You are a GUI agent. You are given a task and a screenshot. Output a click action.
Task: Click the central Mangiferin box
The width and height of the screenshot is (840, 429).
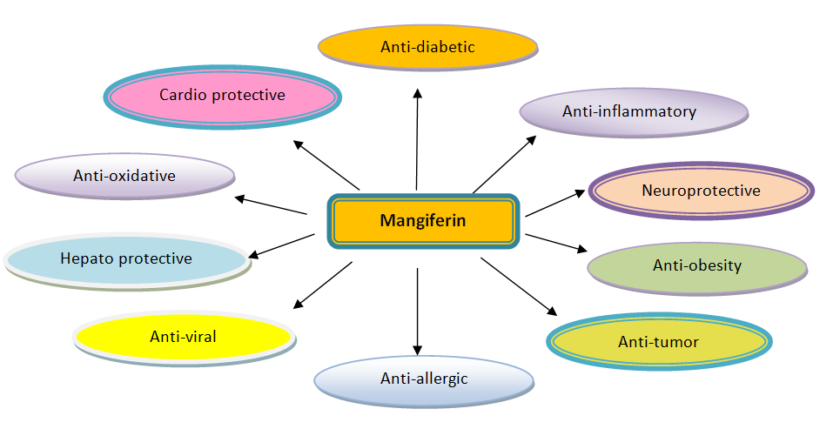[x=423, y=221]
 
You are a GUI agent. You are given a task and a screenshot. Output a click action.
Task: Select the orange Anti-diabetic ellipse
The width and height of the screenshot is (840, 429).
[x=427, y=47]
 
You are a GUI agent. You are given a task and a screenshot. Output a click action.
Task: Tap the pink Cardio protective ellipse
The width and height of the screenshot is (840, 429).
[x=222, y=95]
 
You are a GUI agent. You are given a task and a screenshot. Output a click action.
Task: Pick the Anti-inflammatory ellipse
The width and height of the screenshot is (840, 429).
[x=633, y=112]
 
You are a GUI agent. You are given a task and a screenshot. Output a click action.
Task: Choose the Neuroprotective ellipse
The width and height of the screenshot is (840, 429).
[x=701, y=191]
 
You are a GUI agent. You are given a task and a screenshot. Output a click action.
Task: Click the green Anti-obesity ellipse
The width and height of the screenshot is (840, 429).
[x=697, y=266]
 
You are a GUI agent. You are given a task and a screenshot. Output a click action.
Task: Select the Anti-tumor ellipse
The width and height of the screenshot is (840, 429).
[x=658, y=342]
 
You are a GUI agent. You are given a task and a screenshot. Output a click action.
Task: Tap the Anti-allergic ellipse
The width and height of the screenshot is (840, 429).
[x=424, y=379]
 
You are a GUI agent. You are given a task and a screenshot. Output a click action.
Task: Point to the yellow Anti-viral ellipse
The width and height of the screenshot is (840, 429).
[x=183, y=337]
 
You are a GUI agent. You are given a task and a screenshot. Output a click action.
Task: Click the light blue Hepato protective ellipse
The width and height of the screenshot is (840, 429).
[x=126, y=258]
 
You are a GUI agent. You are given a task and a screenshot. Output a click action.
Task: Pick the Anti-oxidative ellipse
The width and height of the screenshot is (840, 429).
[x=124, y=176]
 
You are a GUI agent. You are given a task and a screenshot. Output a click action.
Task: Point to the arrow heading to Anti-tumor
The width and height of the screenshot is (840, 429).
[x=518, y=285]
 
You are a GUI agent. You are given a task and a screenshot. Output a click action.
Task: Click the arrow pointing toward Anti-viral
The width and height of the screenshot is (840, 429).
[x=323, y=285]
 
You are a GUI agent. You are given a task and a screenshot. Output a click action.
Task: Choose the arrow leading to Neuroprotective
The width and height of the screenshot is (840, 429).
[x=556, y=203]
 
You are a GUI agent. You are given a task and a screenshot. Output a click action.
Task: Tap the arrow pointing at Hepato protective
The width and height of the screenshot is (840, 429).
[x=281, y=245]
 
